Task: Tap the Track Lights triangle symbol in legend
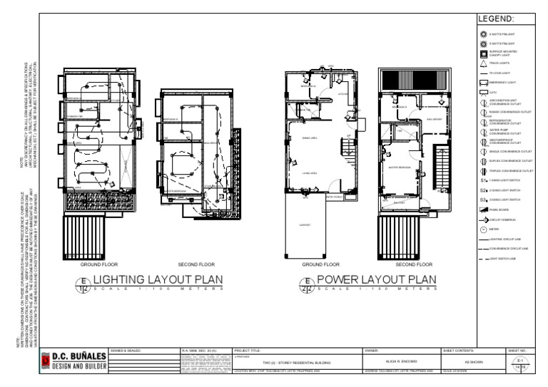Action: (483, 63)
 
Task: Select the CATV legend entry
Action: (483, 93)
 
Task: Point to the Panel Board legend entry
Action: (483, 211)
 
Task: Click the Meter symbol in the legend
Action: (483, 230)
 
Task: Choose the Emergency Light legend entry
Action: (483, 83)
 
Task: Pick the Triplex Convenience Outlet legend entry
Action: (483, 171)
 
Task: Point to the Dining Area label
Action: (310, 138)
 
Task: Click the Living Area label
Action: (310, 173)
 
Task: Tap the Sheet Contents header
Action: (457, 351)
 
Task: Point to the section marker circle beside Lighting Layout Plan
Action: (83, 287)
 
